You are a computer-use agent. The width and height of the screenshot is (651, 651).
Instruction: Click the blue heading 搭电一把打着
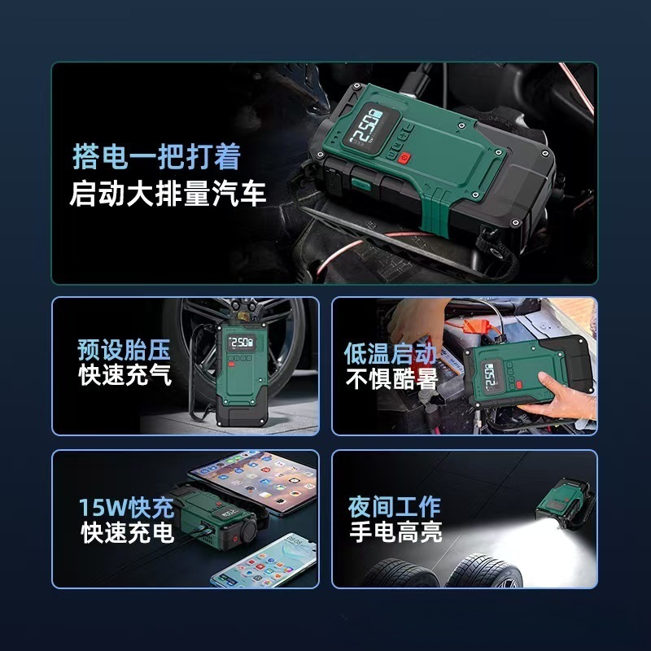[156, 157]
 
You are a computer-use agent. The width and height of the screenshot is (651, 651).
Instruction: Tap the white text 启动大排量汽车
[168, 194]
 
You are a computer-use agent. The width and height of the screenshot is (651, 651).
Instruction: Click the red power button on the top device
[404, 158]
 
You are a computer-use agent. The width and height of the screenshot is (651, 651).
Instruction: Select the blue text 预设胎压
[125, 350]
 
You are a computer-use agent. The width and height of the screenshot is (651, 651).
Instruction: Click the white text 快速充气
[125, 374]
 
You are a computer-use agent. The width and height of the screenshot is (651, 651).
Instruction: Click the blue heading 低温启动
[390, 354]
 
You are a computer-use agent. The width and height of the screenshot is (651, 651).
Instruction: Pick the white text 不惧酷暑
[391, 378]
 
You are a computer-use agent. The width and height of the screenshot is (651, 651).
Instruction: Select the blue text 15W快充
[127, 507]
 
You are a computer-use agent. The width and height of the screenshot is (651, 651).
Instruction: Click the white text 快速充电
[128, 532]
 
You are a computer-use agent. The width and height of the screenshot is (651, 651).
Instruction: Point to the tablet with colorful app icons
[254, 482]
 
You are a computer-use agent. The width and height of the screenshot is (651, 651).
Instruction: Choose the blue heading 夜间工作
[395, 506]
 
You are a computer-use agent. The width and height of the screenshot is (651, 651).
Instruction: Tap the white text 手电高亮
[396, 531]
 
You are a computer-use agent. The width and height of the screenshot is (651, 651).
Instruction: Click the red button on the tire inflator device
[231, 364]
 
